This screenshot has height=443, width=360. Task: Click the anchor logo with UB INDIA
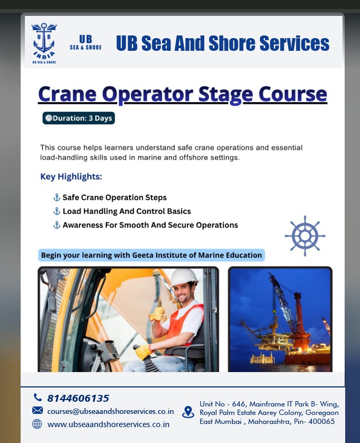(44, 43)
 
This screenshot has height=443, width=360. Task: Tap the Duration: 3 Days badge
(78, 118)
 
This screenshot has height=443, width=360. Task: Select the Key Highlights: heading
(71, 176)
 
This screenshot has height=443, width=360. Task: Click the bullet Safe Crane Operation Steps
(114, 197)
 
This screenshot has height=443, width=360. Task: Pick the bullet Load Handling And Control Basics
(127, 211)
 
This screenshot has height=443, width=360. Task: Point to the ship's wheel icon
(305, 236)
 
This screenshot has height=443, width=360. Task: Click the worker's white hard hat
(184, 277)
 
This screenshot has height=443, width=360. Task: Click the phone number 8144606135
(78, 398)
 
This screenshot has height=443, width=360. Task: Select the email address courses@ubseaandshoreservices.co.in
(110, 411)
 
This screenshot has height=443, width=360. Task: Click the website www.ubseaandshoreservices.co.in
(108, 424)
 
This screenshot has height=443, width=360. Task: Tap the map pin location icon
(188, 412)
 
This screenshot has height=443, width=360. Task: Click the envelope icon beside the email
(37, 411)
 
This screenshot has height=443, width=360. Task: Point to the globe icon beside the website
(37, 424)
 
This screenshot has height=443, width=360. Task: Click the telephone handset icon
(37, 397)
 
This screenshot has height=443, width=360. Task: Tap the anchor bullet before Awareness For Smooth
(57, 225)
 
